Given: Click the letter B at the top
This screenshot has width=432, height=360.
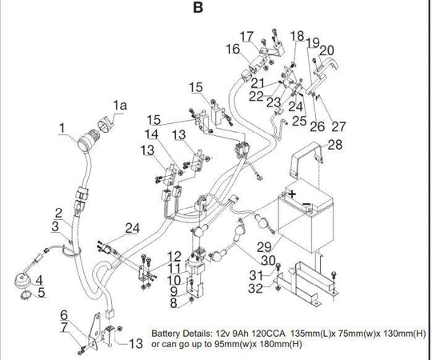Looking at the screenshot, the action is pos(198,7).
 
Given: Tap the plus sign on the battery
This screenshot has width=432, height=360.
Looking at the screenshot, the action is pos(292,194).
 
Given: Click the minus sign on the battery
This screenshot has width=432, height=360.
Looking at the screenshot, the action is pos(307,204).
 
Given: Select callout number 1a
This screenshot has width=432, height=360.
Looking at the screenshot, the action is pos(120,106).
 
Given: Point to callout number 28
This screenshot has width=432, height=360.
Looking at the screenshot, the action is pos(335,145).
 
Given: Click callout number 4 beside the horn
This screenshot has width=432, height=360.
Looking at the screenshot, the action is pos(39,280).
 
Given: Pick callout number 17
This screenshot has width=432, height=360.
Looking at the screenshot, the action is pos(246,36).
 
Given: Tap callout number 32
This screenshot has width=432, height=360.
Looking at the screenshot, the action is pos(256,288).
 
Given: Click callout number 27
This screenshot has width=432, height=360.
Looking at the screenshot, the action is pos(338,126).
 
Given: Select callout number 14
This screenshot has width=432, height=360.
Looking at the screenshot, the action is pos(151,134).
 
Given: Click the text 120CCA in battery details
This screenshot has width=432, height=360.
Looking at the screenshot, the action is pos(269,334).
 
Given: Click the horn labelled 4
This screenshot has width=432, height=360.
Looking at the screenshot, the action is pos(22,280).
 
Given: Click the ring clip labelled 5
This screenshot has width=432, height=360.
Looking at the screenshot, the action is pos(26,295).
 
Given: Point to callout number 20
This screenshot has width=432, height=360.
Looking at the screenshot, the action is pos(326,50).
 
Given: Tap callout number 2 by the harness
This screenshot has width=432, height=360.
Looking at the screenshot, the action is pos(58,214).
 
